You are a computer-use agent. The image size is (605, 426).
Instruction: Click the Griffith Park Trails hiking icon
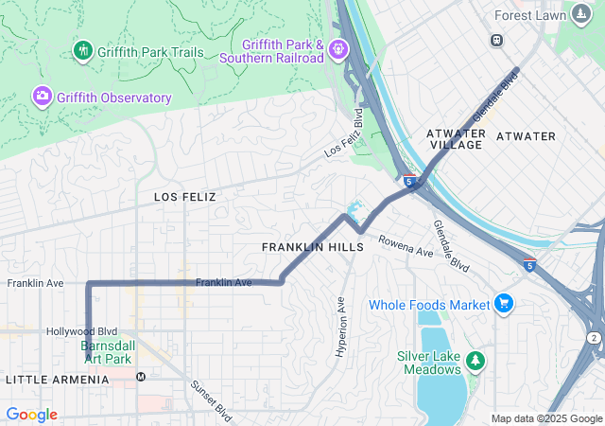tap(83, 49)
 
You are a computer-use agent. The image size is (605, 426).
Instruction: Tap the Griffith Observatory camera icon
tap(42, 97)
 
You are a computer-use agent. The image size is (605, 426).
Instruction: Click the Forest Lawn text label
tap(530, 15)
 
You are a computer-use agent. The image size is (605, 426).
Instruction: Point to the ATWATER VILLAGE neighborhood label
tap(456, 139)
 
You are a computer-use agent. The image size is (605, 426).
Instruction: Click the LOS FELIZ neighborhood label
tap(185, 197)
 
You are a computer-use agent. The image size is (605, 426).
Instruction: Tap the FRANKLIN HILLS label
tap(312, 246)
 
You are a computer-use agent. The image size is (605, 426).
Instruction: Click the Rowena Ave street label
tap(406, 247)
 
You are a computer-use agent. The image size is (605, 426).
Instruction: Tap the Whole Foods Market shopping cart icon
tap(504, 304)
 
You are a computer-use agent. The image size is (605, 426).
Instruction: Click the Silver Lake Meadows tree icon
tap(475, 361)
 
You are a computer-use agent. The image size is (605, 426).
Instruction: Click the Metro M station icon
tap(141, 377)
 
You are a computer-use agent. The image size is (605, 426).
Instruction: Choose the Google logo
tap(31, 415)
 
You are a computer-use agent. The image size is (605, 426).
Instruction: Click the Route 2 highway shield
tap(593, 338)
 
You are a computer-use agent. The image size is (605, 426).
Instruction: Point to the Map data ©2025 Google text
tap(545, 418)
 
